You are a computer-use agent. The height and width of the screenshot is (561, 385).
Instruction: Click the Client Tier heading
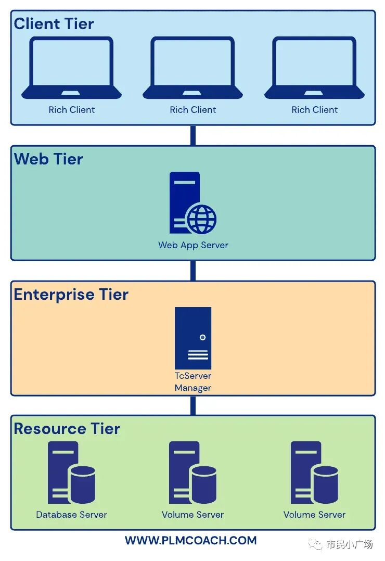(54, 24)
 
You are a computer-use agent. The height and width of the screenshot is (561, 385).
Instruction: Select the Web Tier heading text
(48, 159)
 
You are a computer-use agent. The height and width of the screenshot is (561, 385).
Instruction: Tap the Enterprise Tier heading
(71, 295)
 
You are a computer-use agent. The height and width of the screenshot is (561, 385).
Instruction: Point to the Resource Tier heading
(67, 429)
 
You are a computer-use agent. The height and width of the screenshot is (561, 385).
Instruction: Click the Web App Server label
(193, 245)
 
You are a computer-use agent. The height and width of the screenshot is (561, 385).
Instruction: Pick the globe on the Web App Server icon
(201, 220)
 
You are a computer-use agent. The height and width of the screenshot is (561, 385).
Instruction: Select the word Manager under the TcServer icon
(193, 388)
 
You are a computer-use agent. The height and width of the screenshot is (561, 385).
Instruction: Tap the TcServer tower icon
(193, 338)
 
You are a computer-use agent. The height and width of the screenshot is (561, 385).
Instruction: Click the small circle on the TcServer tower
(202, 337)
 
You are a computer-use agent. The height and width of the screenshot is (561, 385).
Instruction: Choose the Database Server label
(71, 515)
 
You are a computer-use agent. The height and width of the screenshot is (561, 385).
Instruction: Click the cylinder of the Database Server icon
(82, 484)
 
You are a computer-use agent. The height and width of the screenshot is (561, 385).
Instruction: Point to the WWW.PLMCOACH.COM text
(190, 541)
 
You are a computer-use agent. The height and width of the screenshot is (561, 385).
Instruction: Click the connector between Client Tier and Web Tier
(193, 135)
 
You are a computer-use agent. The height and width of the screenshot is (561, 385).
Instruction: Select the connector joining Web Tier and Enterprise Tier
(193, 271)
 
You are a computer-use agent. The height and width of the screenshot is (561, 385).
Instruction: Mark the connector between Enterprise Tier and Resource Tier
(193, 405)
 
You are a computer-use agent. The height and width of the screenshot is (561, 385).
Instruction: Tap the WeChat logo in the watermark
(315, 544)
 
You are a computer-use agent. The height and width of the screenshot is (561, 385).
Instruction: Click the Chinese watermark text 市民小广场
(349, 545)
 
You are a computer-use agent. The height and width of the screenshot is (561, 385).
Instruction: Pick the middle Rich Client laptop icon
(192, 68)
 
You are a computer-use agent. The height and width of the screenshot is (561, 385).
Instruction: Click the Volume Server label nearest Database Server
(192, 515)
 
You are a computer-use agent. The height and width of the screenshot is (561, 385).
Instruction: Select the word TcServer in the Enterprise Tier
(193, 376)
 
